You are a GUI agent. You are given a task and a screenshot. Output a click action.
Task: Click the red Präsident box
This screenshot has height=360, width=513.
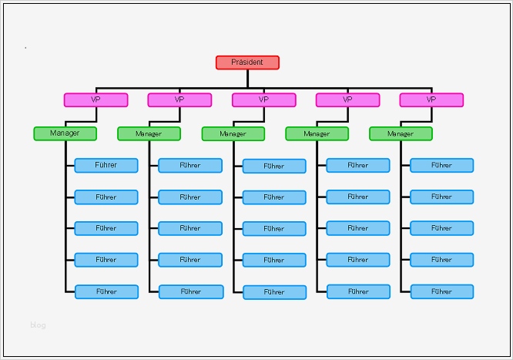(x=247, y=62)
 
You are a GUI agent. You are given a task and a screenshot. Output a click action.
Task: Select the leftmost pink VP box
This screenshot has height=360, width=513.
(x=96, y=99)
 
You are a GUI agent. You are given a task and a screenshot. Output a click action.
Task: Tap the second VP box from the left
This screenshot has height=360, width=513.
(x=179, y=99)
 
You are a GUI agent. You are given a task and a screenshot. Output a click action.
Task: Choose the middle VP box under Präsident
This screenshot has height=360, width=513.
(x=263, y=99)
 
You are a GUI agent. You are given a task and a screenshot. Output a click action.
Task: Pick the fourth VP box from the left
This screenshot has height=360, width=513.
(x=347, y=99)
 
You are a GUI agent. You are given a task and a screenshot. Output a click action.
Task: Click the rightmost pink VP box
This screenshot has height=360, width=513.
(x=431, y=99)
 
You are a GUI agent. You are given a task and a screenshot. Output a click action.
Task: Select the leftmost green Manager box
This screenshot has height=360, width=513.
(x=65, y=133)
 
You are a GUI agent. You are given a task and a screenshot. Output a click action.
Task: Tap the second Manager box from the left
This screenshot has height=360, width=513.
(x=149, y=134)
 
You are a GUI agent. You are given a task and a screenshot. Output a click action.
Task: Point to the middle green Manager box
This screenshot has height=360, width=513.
(x=233, y=134)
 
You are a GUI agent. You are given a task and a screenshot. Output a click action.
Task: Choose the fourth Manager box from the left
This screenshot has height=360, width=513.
(x=317, y=134)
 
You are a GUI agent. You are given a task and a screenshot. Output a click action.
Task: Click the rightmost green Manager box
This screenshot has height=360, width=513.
(x=401, y=134)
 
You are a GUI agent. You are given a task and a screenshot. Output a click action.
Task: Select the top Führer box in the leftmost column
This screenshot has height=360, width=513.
(x=106, y=165)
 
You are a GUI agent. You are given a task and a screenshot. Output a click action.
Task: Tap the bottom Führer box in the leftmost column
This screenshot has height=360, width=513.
(x=106, y=291)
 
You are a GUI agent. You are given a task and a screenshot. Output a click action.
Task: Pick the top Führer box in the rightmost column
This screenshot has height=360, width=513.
(x=441, y=165)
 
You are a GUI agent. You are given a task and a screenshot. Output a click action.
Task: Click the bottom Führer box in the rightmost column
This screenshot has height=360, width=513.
(x=441, y=291)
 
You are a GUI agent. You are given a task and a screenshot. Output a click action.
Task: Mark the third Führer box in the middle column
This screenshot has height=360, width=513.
(x=274, y=229)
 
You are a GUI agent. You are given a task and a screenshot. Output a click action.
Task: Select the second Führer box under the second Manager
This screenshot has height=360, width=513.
(x=190, y=197)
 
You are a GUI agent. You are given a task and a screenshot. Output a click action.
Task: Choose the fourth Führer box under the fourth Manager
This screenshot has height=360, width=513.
(x=358, y=260)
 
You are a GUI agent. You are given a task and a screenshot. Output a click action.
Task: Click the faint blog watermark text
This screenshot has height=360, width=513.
(x=38, y=325)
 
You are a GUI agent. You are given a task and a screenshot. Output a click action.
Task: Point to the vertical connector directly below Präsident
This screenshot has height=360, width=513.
(x=247, y=78)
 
